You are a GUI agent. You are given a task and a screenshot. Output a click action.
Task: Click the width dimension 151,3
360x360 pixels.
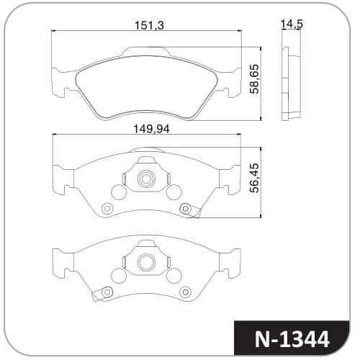(149, 25)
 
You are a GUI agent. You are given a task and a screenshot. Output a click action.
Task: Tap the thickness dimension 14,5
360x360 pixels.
(292, 24)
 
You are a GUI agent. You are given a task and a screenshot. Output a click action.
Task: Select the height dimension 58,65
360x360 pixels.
(254, 78)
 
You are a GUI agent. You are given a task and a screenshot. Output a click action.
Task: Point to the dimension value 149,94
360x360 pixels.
(151, 129)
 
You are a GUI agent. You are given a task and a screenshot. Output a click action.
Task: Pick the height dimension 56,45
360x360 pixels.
(254, 178)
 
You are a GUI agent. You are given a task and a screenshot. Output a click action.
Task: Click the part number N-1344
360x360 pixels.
(292, 339)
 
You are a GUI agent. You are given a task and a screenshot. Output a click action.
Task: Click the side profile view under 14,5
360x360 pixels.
(291, 84)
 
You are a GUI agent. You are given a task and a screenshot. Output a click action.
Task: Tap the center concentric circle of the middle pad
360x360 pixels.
(146, 179)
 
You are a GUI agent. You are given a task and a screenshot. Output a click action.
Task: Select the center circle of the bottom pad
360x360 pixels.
(146, 262)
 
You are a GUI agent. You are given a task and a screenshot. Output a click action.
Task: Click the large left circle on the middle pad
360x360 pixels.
(119, 192)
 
